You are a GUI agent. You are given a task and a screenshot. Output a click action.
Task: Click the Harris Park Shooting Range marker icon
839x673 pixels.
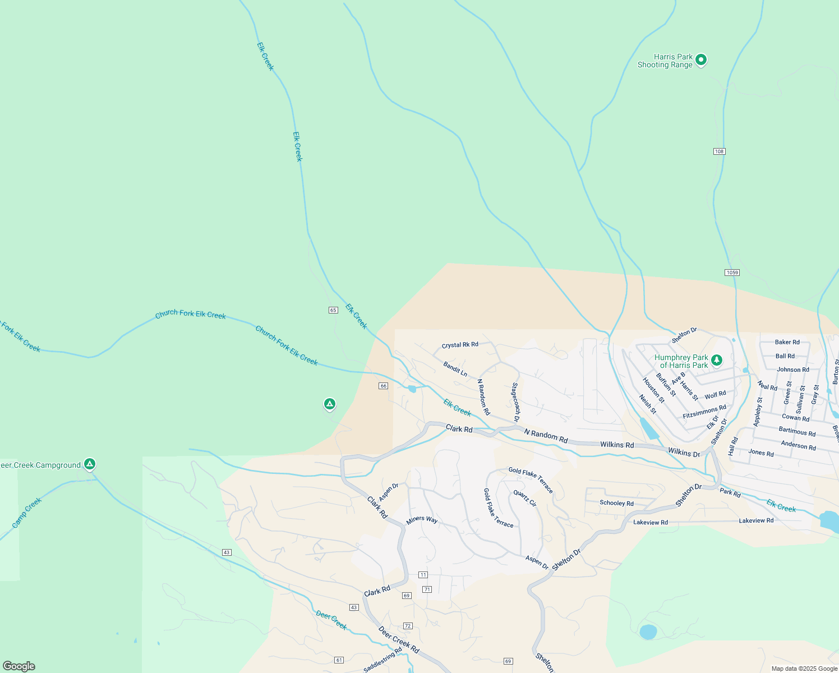click(x=701, y=59)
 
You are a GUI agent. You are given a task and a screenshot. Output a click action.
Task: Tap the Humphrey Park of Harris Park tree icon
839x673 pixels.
click(x=716, y=360)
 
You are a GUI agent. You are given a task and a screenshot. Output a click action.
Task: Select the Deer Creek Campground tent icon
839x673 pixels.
click(x=90, y=464)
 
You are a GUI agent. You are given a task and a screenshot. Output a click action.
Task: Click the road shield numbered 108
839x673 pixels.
click(x=720, y=151)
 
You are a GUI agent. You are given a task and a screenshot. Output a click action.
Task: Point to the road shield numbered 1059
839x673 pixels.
click(x=732, y=273)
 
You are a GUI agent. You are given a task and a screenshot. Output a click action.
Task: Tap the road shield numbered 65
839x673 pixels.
click(x=333, y=310)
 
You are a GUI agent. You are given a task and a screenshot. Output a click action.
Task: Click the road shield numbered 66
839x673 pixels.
click(x=384, y=386)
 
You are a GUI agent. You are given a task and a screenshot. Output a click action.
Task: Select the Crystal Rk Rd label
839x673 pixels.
click(x=460, y=345)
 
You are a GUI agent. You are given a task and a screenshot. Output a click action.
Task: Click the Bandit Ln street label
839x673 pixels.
click(x=455, y=369)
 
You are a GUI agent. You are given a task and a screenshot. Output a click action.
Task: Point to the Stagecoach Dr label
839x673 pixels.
click(x=515, y=402)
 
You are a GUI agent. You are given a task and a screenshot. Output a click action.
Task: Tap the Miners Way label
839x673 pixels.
click(x=422, y=520)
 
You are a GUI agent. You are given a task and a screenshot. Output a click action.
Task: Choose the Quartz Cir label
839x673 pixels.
click(x=525, y=498)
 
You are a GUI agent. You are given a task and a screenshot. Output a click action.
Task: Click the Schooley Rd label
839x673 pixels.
click(x=616, y=503)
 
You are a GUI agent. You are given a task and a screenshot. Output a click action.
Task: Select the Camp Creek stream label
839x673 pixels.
click(x=27, y=513)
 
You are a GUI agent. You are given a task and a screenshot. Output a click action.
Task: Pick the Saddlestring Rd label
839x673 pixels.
click(x=382, y=660)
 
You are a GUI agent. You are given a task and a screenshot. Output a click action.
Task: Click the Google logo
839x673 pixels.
click(x=19, y=666)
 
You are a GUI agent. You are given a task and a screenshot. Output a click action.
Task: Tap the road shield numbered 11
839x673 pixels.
click(x=423, y=575)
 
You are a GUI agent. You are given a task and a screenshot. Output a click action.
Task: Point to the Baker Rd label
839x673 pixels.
click(x=787, y=342)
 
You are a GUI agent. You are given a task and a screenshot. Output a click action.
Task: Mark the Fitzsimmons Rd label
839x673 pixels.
click(x=704, y=412)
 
